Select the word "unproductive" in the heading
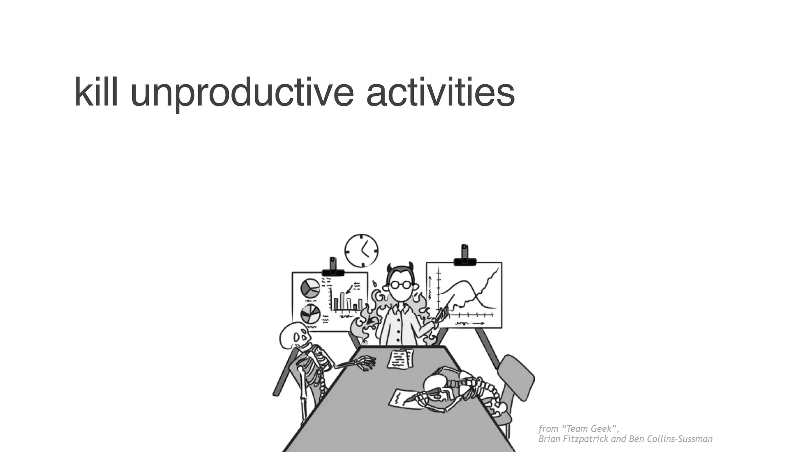pos(242,93)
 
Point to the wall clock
pos(361,251)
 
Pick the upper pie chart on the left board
pos(310,288)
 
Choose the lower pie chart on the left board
pos(310,314)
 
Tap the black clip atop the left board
pos(333,271)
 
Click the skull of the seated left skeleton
pos(294,336)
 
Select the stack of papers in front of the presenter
pos(400,359)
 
